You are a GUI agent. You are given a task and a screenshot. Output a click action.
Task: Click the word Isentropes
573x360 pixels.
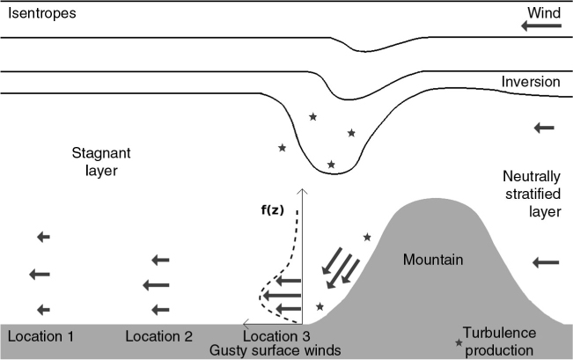click(x=42, y=13)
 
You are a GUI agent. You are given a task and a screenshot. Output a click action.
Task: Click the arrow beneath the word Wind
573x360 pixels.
click(x=540, y=26)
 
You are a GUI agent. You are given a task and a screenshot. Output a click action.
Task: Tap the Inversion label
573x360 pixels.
click(x=531, y=82)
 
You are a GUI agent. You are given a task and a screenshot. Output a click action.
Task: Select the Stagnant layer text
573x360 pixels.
click(x=101, y=162)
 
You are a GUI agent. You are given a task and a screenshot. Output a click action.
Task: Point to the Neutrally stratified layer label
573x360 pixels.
click(x=532, y=194)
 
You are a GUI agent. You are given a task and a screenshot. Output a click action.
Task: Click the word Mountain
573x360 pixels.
click(x=433, y=260)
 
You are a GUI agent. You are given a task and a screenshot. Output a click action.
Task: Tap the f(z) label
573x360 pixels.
click(x=272, y=210)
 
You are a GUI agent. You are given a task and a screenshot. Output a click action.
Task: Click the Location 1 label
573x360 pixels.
click(x=40, y=336)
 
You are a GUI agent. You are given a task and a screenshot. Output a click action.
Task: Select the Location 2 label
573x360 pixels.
click(x=158, y=336)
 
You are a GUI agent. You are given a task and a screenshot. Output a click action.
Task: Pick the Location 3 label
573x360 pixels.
click(x=276, y=336)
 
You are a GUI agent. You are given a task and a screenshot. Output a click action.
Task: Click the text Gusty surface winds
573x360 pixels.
click(x=275, y=350)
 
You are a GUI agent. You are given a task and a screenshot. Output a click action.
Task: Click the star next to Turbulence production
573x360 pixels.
click(x=459, y=342)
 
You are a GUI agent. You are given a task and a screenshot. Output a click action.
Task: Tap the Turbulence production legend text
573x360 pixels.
click(x=499, y=342)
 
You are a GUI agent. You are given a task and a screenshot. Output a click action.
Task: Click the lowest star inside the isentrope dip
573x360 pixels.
click(x=331, y=165)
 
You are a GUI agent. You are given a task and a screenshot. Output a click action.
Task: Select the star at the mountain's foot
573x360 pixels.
click(x=320, y=306)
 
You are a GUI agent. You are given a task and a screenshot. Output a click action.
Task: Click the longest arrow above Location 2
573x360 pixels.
click(x=156, y=285)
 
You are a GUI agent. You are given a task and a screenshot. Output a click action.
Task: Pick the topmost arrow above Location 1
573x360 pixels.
click(x=43, y=237)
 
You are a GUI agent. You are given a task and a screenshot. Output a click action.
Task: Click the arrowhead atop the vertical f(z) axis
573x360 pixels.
click(x=302, y=191)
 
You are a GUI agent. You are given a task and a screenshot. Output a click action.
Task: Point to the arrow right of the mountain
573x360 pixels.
click(x=546, y=262)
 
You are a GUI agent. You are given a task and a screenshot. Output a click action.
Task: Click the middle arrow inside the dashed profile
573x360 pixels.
click(x=282, y=296)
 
